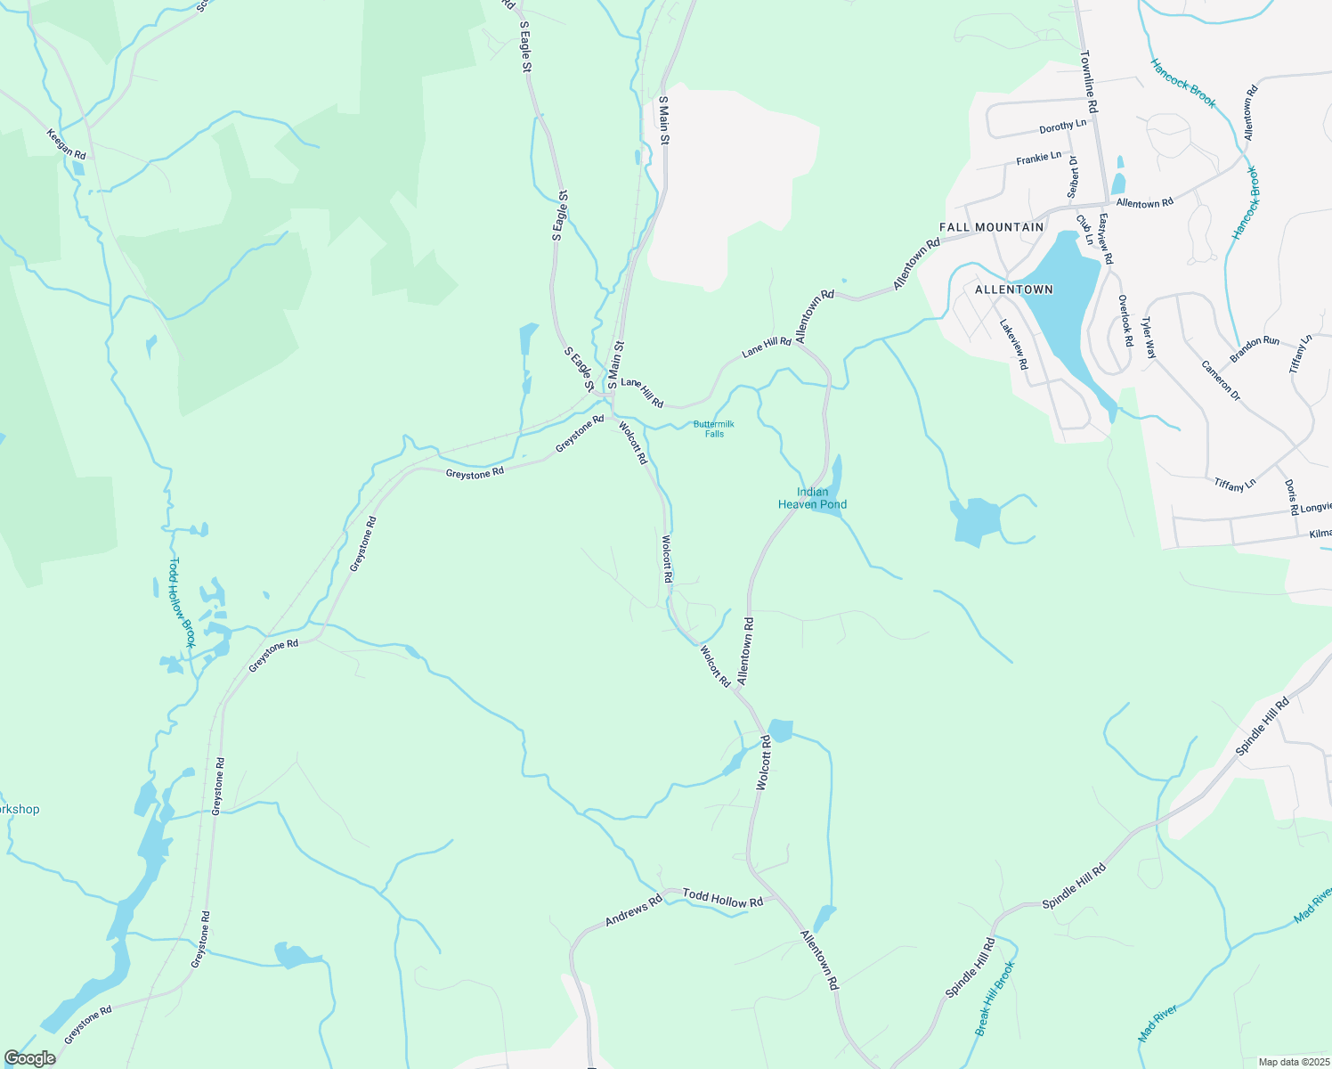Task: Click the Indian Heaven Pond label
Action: (812, 498)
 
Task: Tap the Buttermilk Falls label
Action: (714, 428)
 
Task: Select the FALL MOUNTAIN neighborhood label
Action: (991, 227)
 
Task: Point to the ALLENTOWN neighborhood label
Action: (1014, 290)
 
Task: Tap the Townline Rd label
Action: (1089, 80)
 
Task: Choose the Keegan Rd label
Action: (67, 143)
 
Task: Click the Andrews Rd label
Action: (633, 910)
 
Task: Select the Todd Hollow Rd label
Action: (723, 898)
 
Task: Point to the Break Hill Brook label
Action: (995, 998)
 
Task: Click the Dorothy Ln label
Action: (1063, 126)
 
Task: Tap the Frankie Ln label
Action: (1039, 159)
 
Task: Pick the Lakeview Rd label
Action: (1014, 345)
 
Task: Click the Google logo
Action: (30, 1058)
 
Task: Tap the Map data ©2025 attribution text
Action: (1292, 1062)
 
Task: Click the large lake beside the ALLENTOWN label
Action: (1060, 294)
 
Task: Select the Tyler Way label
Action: (1149, 338)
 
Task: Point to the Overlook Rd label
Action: (1125, 321)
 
